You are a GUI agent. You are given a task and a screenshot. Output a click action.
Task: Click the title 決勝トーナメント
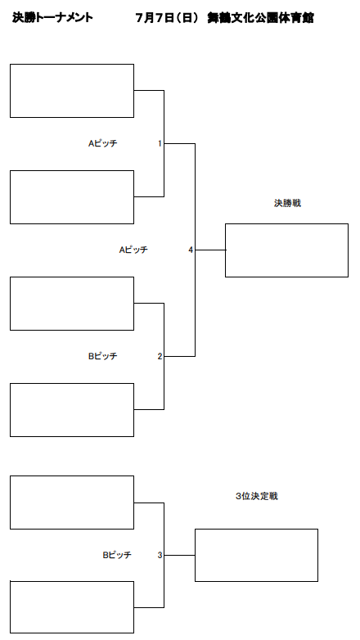pyautogui.click(x=52, y=17)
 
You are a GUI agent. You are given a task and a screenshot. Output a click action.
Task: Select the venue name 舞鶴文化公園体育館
pyautogui.click(x=260, y=18)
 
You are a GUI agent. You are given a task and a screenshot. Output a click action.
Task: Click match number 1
pyautogui.click(x=160, y=143)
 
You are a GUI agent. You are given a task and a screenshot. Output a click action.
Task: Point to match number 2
pyautogui.click(x=160, y=356)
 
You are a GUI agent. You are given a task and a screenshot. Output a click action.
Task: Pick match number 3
pyautogui.click(x=160, y=555)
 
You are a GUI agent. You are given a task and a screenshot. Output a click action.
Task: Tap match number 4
pyautogui.click(x=191, y=250)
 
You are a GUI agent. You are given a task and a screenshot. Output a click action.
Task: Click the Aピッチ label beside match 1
pyautogui.click(x=103, y=143)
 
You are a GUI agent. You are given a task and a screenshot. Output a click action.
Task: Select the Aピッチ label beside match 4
pyautogui.click(x=133, y=250)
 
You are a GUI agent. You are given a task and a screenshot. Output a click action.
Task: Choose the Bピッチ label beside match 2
pyautogui.click(x=103, y=356)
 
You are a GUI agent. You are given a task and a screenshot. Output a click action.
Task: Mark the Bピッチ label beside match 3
pyautogui.click(x=117, y=555)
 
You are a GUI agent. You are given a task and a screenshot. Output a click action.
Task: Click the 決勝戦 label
pyautogui.click(x=287, y=203)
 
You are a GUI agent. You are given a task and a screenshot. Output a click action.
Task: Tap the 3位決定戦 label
pyautogui.click(x=257, y=496)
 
